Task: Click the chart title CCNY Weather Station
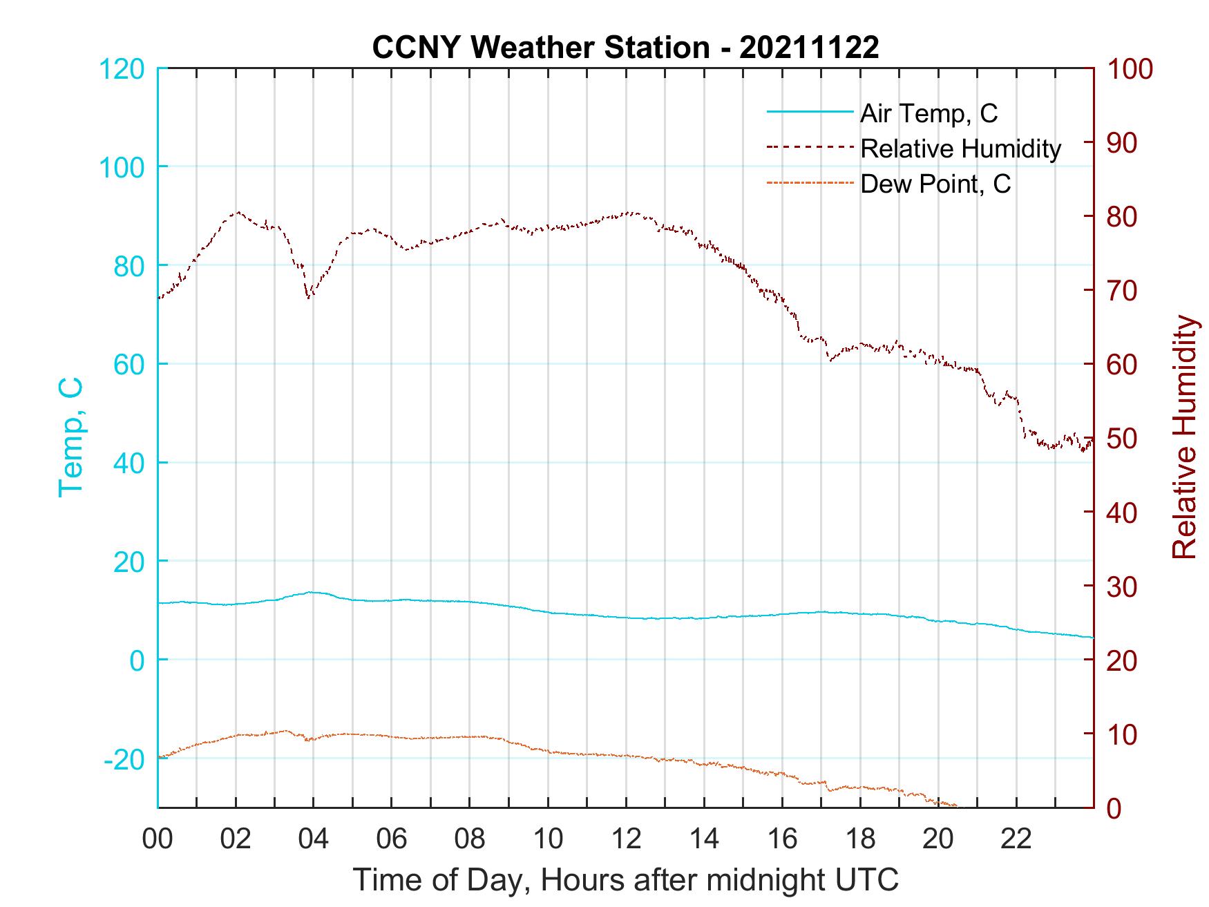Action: coord(625,47)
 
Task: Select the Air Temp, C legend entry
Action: coord(928,113)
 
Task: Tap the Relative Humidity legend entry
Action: coord(960,148)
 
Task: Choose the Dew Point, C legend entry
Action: coord(935,184)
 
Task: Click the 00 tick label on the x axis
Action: coord(158,839)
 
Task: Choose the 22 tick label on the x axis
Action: coord(1016,839)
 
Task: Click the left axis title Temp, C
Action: coord(70,437)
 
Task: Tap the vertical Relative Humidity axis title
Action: coord(1184,437)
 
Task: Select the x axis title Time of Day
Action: coord(625,880)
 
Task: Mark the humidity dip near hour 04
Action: coord(308,298)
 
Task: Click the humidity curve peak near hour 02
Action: coord(238,212)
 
